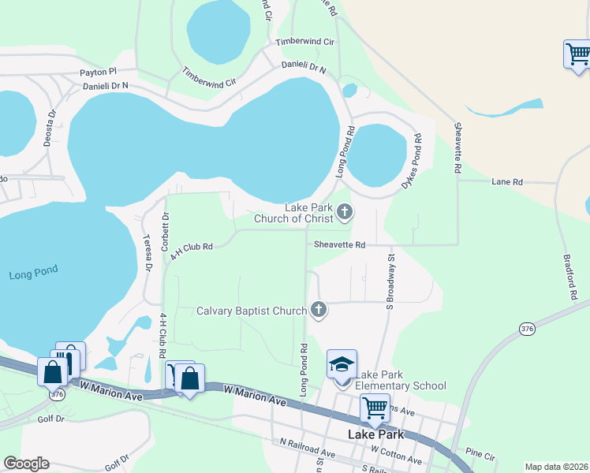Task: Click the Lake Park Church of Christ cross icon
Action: click(x=345, y=211)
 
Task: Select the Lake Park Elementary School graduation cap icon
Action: click(x=342, y=365)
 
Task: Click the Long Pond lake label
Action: click(x=34, y=274)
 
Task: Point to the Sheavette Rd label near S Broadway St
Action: click(x=339, y=245)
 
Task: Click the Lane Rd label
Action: click(x=507, y=182)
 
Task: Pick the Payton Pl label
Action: click(x=98, y=72)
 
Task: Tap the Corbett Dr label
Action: click(x=166, y=230)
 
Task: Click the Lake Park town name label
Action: click(x=376, y=434)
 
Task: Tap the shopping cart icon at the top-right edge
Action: click(x=578, y=54)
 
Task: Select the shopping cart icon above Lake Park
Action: click(x=375, y=408)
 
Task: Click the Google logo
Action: click(x=26, y=464)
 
